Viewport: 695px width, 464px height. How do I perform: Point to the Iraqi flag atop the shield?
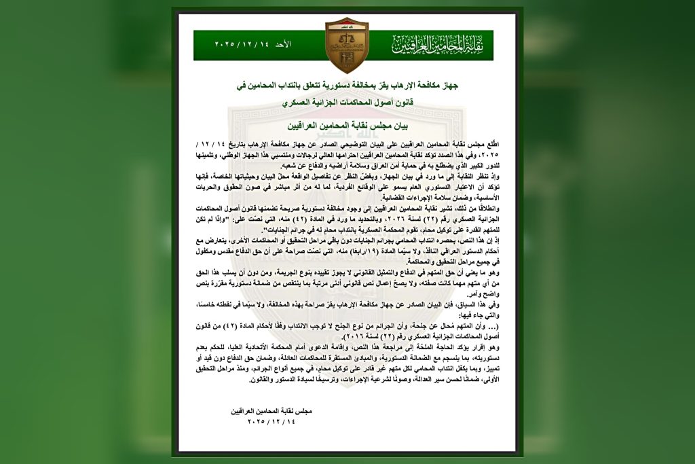[x=346, y=24]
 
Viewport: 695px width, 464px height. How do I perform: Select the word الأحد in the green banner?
[x=282, y=44]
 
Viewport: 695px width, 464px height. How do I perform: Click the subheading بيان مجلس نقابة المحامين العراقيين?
[x=347, y=126]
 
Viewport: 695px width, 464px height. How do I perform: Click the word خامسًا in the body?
[x=207, y=304]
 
